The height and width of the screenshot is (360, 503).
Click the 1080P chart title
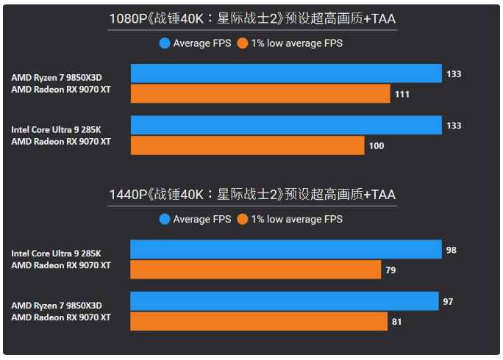click(x=251, y=18)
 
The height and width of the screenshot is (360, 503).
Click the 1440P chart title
click(x=251, y=195)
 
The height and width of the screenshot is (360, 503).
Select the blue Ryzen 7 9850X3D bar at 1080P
click(x=286, y=73)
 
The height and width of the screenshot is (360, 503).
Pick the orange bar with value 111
click(x=260, y=93)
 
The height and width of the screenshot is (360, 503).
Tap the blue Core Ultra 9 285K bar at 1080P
click(x=286, y=125)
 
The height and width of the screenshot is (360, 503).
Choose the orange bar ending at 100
click(x=247, y=145)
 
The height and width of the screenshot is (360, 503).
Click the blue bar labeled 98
click(x=286, y=250)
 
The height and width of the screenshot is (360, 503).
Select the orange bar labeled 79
click(x=256, y=270)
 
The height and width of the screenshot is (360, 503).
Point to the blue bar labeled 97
click(x=285, y=301)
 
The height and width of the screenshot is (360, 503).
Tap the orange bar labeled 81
click(x=259, y=321)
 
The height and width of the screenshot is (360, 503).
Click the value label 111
click(x=402, y=94)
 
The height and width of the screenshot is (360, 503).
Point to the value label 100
click(x=376, y=145)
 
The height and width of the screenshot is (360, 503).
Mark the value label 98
click(x=452, y=250)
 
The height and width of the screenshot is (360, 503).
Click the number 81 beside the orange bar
click(x=398, y=321)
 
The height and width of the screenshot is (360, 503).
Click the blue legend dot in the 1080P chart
click(x=165, y=43)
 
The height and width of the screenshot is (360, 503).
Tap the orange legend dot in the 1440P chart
click(x=243, y=219)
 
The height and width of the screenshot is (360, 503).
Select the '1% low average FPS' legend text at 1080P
click(x=296, y=43)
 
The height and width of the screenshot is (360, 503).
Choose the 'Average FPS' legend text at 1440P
click(x=202, y=219)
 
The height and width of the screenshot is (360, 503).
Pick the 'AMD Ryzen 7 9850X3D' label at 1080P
click(x=57, y=77)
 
